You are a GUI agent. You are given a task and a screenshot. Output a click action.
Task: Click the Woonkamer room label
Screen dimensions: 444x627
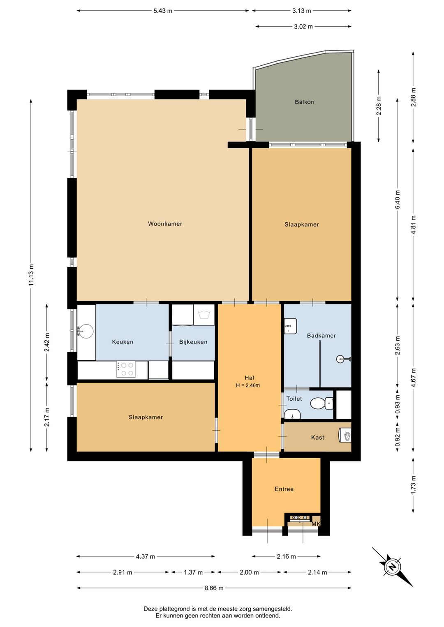coord(165,224)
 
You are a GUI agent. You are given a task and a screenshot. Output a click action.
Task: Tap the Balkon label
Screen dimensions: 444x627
coord(304,102)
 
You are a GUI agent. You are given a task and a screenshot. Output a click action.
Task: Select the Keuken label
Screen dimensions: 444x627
coord(123,342)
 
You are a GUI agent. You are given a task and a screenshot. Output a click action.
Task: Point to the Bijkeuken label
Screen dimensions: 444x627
coord(193,342)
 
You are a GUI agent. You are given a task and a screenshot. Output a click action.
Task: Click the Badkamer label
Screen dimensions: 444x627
coord(321,335)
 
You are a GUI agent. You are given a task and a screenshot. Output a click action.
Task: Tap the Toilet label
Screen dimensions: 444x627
coord(294,399)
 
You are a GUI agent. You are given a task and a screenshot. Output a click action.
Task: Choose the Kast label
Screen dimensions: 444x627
coord(317,437)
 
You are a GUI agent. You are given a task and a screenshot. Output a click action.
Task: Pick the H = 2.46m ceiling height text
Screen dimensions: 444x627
coord(247,385)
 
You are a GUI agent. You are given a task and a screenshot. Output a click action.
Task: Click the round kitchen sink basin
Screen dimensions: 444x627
coord(85,331)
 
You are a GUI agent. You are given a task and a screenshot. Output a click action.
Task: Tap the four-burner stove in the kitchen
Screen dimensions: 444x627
coord(126,369)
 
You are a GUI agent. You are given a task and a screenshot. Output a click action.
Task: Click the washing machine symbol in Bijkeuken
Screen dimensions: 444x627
coord(204,315)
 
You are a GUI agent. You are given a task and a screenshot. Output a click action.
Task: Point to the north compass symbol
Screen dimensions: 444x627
coord(393,567)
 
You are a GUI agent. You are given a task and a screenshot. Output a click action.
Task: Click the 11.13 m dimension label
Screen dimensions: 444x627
coord(31,275)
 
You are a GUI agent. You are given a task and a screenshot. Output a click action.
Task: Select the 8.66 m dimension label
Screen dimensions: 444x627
coord(214,588)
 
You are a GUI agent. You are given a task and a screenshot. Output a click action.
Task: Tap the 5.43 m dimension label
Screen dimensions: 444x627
coord(163,11)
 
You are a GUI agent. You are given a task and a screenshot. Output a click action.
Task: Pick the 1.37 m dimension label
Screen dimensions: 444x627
coord(193,572)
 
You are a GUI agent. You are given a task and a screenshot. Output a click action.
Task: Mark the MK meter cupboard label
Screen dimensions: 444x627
coord(316,524)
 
